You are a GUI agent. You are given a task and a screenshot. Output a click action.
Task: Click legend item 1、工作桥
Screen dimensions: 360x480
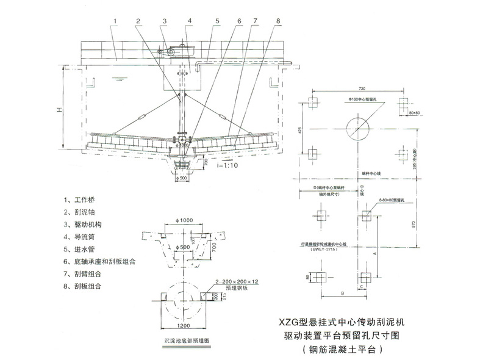[79, 200]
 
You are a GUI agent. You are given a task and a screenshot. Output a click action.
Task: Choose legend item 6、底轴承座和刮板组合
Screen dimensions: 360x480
[99, 261]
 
